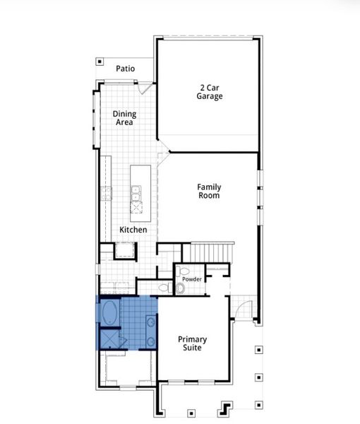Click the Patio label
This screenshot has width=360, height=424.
click(126, 69)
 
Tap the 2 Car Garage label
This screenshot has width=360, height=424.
click(210, 92)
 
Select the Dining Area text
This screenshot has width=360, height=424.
click(125, 118)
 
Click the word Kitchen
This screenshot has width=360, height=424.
click(133, 230)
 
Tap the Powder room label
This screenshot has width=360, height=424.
click(192, 279)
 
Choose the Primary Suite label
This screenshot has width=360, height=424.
click(191, 343)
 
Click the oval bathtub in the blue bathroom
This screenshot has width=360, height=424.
click(111, 312)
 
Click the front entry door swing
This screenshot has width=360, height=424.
click(243, 307)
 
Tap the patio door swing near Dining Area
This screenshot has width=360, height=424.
click(145, 88)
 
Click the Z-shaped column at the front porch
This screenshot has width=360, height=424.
click(227, 408)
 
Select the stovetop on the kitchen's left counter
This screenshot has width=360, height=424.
click(107, 192)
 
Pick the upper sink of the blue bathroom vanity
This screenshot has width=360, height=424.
click(150, 322)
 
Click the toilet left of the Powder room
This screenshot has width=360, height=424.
click(164, 288)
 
